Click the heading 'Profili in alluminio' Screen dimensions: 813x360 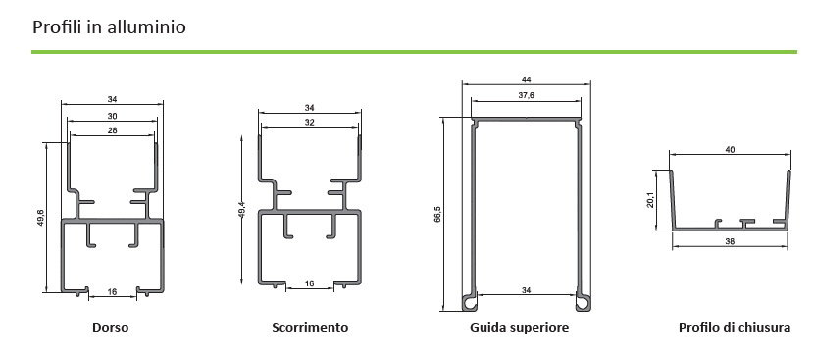pos(109,26)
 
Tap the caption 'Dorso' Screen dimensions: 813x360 pos(111,328)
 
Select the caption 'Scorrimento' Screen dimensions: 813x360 pos(310,328)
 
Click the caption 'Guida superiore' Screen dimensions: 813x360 pos(519,328)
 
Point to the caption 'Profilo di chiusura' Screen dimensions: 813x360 pos(735,328)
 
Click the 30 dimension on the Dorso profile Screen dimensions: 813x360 pos(112,116)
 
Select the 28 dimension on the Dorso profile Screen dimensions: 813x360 pos(112,130)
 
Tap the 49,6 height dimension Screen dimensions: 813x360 pos(40,217)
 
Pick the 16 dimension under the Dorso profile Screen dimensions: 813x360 pos(112,292)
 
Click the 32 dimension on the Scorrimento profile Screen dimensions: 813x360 pos(310,123)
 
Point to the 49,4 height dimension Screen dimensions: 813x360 pos(241,209)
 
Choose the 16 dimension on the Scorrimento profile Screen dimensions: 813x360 pos(310,283)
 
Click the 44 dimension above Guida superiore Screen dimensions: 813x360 pos(527,79)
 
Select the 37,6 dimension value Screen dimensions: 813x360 pos(527,95)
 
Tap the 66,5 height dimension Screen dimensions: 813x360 pos(437,214)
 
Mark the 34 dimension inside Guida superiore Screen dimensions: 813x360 pos(527,290)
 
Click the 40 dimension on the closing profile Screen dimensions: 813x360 pos(730,150)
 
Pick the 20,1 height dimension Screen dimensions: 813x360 pos(650,200)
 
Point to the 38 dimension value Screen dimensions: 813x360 pos(730,241)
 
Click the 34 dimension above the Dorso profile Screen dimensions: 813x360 pos(112,99)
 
